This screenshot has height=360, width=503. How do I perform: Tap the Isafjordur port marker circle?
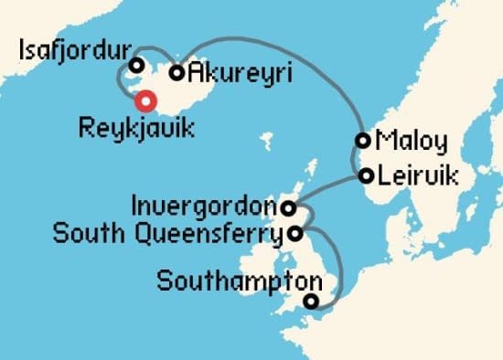coord(136,65)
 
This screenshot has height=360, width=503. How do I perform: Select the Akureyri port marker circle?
coord(177,72)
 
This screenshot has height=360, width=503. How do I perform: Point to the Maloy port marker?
coord(364,141)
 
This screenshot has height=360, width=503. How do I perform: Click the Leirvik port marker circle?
coord(367,174)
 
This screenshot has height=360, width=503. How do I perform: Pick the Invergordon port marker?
coord(288,207)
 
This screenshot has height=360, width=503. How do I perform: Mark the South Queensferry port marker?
coord(294,233)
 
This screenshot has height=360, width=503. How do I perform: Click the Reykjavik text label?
coord(136,129)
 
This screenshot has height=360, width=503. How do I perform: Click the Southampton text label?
coord(240,281)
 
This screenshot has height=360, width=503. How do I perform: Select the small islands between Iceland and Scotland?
coord(267,142)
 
